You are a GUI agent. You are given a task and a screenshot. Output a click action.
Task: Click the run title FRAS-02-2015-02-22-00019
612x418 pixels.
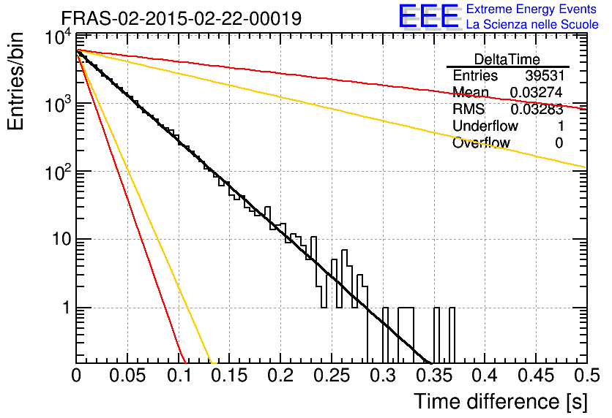point(182,18)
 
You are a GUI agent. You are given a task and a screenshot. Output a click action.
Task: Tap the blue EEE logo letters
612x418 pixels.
point(429,15)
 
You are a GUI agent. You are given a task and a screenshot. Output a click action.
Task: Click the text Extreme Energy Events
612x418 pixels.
point(531,9)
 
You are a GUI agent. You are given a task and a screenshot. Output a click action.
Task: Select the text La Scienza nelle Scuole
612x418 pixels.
point(532,24)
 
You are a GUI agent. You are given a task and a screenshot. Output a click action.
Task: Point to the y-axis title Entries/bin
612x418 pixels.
point(15,81)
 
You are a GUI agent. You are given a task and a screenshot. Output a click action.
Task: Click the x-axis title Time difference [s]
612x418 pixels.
point(501,401)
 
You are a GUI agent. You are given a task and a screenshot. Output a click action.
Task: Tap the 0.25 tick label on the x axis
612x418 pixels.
point(332,376)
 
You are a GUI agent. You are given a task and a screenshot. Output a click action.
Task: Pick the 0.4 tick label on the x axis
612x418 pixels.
point(485,376)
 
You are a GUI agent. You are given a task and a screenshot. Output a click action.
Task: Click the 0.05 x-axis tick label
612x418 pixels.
point(127,376)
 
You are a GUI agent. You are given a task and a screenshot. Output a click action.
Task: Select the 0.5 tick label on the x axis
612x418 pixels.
point(586,376)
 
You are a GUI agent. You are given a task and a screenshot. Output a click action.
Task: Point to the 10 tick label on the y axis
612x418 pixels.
point(62,239)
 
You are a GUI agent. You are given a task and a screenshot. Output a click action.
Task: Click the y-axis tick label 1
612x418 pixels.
point(66,308)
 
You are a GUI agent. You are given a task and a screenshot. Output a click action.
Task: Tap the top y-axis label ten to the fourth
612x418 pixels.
point(59,38)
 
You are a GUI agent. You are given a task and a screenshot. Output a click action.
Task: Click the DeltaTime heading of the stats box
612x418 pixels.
point(507,59)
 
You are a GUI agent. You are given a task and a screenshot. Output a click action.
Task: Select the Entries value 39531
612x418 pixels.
point(545,75)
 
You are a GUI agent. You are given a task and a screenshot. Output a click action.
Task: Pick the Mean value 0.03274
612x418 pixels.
point(537,92)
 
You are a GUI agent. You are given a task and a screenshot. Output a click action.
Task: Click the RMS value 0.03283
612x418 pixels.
point(537,110)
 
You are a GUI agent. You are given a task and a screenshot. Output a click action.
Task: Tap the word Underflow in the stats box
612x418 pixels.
point(485,126)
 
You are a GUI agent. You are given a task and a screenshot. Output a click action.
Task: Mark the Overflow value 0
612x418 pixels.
point(559,143)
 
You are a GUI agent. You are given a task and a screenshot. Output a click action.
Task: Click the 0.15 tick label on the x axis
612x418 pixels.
point(230,376)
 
